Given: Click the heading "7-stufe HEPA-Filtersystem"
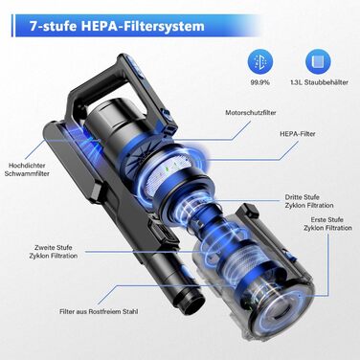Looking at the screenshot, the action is click(x=117, y=26).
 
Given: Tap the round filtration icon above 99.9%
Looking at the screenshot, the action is click(x=259, y=62).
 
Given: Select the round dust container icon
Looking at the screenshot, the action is click(x=318, y=62).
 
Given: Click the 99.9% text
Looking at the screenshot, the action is click(x=259, y=82).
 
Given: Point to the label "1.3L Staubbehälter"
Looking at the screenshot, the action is click(x=319, y=82).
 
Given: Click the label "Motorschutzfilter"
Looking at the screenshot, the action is click(x=251, y=113).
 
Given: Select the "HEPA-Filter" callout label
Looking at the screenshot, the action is click(x=298, y=134).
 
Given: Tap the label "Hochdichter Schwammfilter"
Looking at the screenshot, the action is click(x=29, y=169).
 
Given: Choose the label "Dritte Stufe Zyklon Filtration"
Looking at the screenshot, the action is click(x=309, y=201).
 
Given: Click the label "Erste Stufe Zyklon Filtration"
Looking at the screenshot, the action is click(x=327, y=224).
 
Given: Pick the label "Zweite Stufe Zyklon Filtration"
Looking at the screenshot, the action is click(x=54, y=252).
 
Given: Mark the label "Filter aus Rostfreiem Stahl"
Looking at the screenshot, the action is click(x=99, y=311).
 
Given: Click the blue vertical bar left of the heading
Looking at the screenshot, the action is click(x=13, y=26).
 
